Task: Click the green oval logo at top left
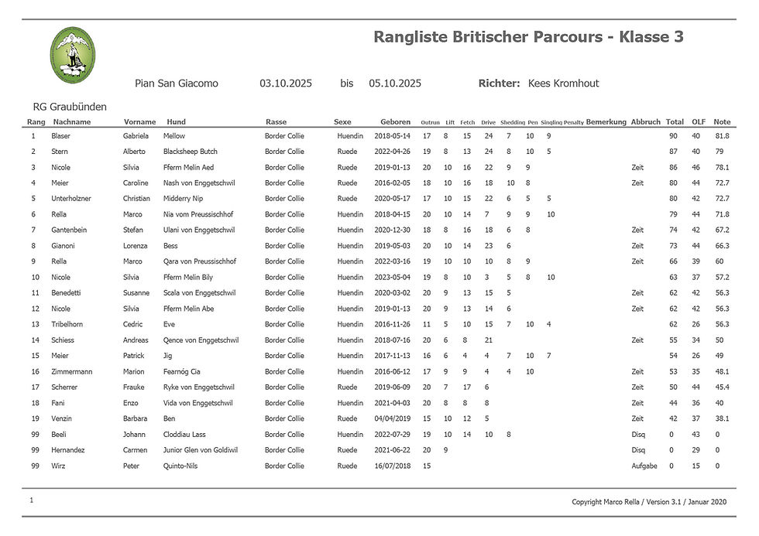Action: click(73, 54)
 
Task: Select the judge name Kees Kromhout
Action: click(563, 84)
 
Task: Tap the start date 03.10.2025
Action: click(286, 84)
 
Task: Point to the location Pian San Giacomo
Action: click(177, 84)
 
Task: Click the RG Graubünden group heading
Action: click(70, 107)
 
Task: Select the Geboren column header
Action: click(395, 122)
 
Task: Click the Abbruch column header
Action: click(645, 122)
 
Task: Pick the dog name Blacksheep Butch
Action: click(191, 152)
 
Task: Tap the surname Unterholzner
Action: click(71, 199)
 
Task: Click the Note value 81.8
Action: click(722, 136)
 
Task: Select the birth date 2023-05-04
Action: click(392, 277)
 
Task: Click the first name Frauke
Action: click(135, 387)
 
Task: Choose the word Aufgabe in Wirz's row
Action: click(644, 466)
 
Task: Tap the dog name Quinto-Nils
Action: click(182, 466)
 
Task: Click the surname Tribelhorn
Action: click(70, 324)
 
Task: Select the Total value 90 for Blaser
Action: click(673, 136)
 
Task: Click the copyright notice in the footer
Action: click(649, 502)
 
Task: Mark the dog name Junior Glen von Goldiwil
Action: click(201, 450)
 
